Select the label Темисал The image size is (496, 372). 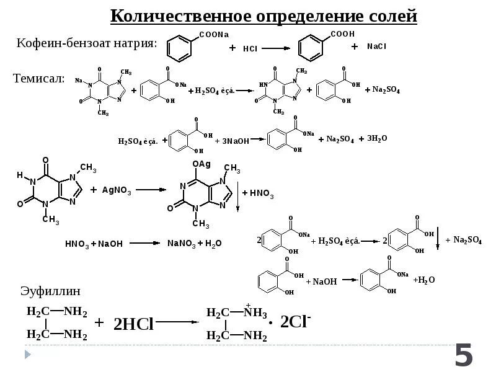click(39, 78)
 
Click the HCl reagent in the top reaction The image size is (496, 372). click(250, 48)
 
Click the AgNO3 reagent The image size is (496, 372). click(117, 189)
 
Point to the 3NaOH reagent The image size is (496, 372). click(236, 141)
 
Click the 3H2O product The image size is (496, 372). click(377, 138)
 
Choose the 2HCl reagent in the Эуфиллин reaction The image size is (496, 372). click(133, 323)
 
